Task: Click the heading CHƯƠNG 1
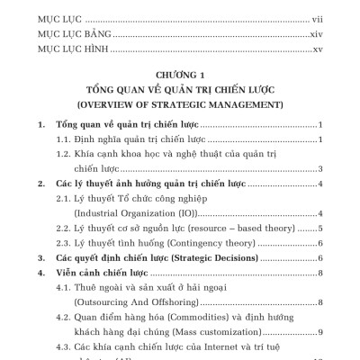pos(180,76)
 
